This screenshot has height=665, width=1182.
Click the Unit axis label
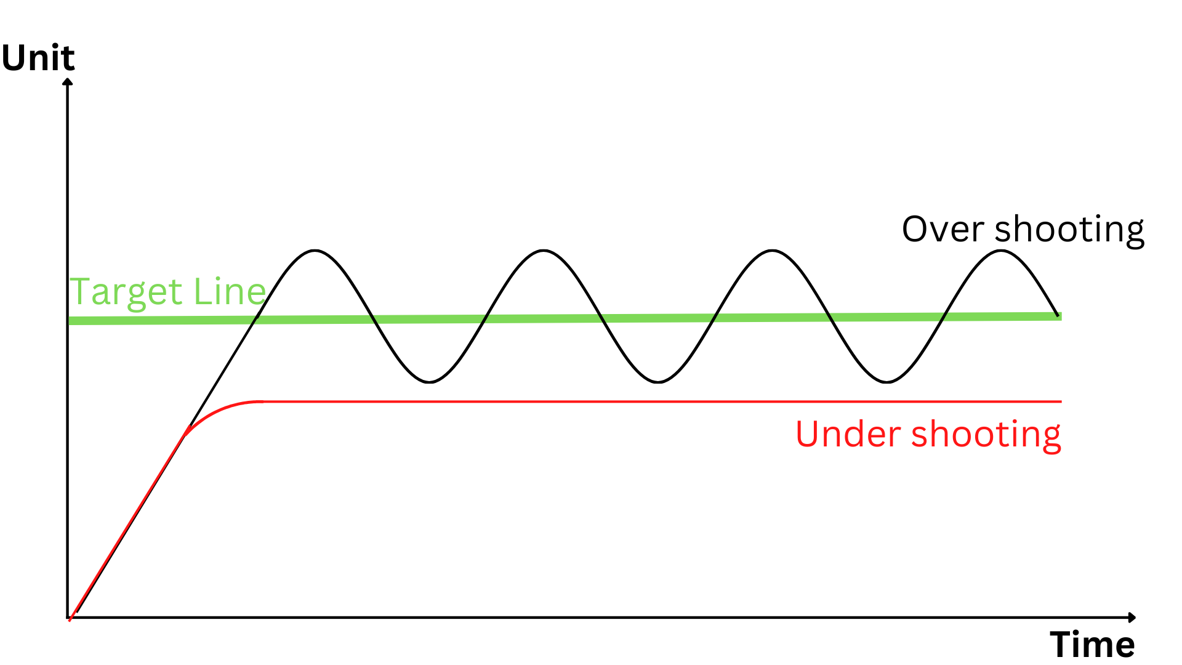pos(38,58)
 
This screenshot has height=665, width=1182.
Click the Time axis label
pos(1092,645)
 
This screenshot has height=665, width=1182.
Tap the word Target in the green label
pos(126,292)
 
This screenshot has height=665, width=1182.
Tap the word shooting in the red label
pos(986,435)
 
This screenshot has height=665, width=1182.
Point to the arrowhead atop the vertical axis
pos(68,81)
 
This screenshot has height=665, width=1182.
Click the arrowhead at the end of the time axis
pos(1132,617)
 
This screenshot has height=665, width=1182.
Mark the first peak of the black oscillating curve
pos(315,250)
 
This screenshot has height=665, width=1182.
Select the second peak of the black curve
pos(544,250)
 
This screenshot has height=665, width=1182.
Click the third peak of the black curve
pos(772,250)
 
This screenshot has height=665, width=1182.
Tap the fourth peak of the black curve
pos(1001,250)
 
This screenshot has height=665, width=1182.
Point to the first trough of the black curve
pos(429,382)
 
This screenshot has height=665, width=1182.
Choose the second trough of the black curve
pos(658,382)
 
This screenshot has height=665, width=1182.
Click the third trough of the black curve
pos(886,382)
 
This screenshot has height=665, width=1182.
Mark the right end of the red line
pos(1061,401)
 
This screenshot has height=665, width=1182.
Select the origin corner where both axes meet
pos(68,617)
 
